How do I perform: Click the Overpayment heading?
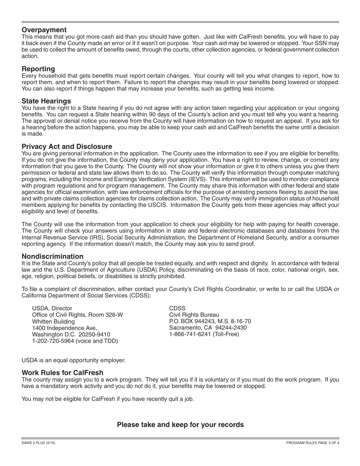44,30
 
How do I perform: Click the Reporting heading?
38,69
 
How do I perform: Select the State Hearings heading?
46,101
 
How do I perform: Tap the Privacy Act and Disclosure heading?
67,147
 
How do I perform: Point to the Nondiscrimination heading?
52,256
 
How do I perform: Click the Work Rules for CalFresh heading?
63,373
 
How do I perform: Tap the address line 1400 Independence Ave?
64,328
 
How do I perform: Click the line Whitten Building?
53,322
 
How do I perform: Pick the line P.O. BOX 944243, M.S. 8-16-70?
210,321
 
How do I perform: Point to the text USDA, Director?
52,308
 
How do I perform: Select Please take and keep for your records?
180,425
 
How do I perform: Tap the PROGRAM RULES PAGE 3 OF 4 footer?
313,443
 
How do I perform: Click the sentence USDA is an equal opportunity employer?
73,360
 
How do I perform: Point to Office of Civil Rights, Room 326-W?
77,315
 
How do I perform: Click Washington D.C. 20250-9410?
71,335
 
